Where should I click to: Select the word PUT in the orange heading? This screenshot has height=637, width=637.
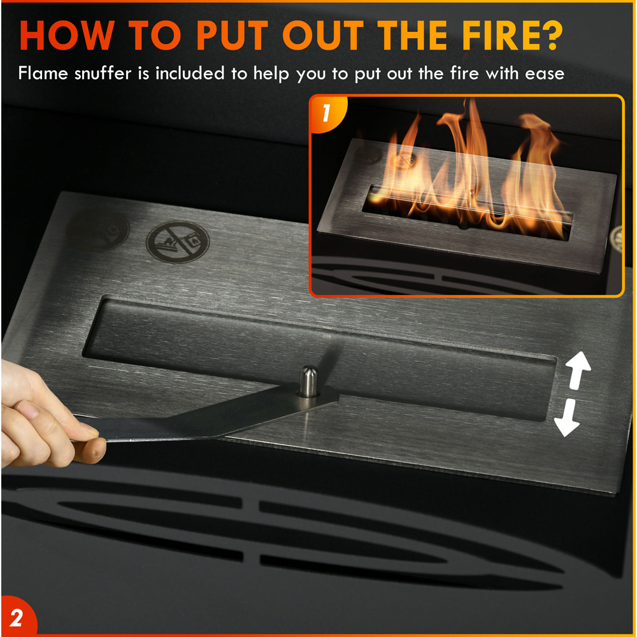(x=233, y=35)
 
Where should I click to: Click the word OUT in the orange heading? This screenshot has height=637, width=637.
(x=323, y=35)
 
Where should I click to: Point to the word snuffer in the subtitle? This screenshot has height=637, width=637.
(x=103, y=73)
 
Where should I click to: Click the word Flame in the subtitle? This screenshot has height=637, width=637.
(x=43, y=73)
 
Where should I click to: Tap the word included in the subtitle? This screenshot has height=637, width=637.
(x=190, y=73)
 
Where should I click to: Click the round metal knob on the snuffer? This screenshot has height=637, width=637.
(x=309, y=381)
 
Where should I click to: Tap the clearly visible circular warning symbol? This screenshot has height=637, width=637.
(x=178, y=242)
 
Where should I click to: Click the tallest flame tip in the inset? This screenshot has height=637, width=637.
(x=472, y=101)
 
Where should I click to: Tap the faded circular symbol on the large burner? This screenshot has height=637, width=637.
(x=97, y=230)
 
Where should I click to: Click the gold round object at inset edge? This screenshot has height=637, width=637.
(x=617, y=240)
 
